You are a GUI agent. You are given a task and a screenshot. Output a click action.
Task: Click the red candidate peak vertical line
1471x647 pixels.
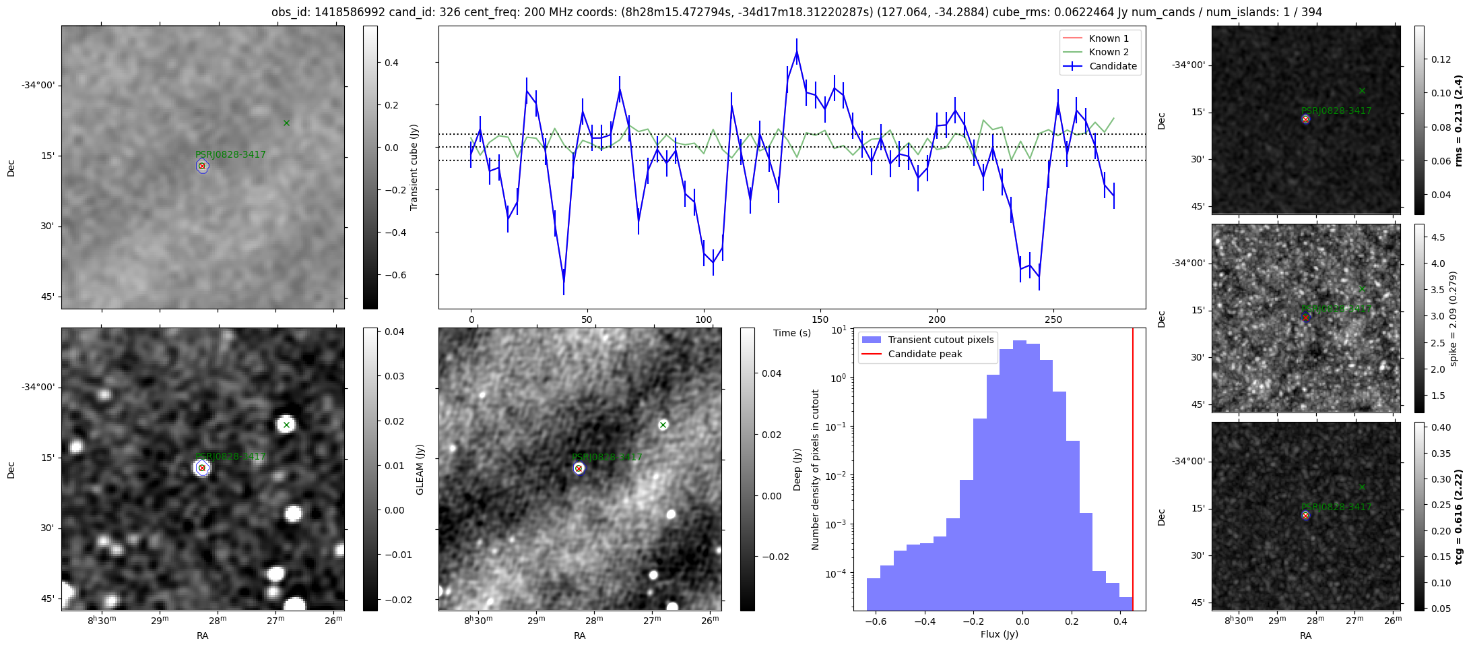(1133, 472)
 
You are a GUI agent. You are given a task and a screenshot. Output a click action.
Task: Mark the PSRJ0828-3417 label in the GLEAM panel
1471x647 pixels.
(230, 456)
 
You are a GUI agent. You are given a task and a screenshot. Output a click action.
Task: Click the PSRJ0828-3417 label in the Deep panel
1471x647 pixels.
(606, 457)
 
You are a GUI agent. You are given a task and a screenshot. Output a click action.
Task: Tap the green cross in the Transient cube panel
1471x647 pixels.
(286, 123)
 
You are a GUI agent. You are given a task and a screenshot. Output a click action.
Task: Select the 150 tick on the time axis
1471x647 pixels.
(820, 319)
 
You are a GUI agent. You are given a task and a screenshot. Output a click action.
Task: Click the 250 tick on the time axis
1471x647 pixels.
(1053, 319)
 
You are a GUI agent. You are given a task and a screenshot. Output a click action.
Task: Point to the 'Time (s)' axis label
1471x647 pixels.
(792, 333)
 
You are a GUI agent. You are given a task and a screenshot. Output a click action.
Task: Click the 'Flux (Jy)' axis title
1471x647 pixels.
(1000, 634)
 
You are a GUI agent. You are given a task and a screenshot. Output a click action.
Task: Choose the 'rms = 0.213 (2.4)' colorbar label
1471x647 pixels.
(1459, 121)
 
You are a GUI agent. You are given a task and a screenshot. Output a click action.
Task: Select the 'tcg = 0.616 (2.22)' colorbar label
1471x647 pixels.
(1459, 516)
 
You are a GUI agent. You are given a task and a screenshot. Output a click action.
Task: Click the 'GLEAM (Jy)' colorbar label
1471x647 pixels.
(420, 469)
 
